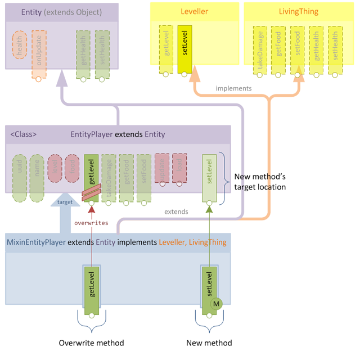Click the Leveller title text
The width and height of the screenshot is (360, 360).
[194, 11]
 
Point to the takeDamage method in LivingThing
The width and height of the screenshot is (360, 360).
[259, 49]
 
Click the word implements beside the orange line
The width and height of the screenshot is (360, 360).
[233, 88]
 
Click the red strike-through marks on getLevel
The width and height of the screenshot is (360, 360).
[90, 193]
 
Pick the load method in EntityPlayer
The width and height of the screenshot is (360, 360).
[179, 168]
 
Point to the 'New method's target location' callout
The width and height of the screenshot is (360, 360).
[259, 181]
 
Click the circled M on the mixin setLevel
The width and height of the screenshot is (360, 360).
[216, 304]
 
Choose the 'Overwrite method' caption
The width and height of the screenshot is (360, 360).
[91, 343]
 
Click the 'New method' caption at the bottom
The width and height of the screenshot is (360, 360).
[209, 343]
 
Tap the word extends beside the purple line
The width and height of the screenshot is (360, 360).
[175, 212]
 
